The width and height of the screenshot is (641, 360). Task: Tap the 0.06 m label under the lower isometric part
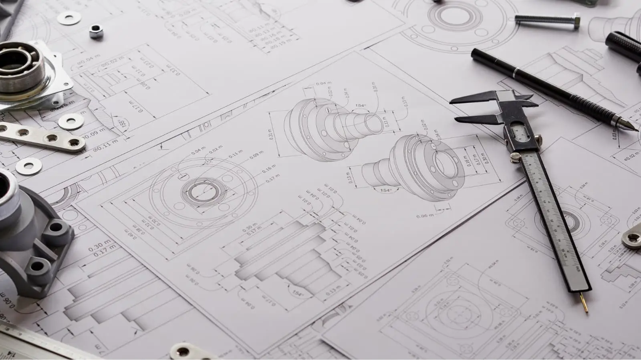[425, 216]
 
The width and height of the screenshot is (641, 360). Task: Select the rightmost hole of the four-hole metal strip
[74, 142]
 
